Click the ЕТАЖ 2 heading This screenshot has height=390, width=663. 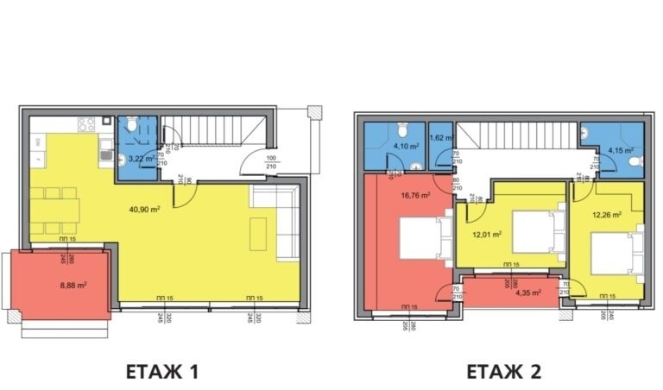pos(503,372)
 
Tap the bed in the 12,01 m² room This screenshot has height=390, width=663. pos(527,228)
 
